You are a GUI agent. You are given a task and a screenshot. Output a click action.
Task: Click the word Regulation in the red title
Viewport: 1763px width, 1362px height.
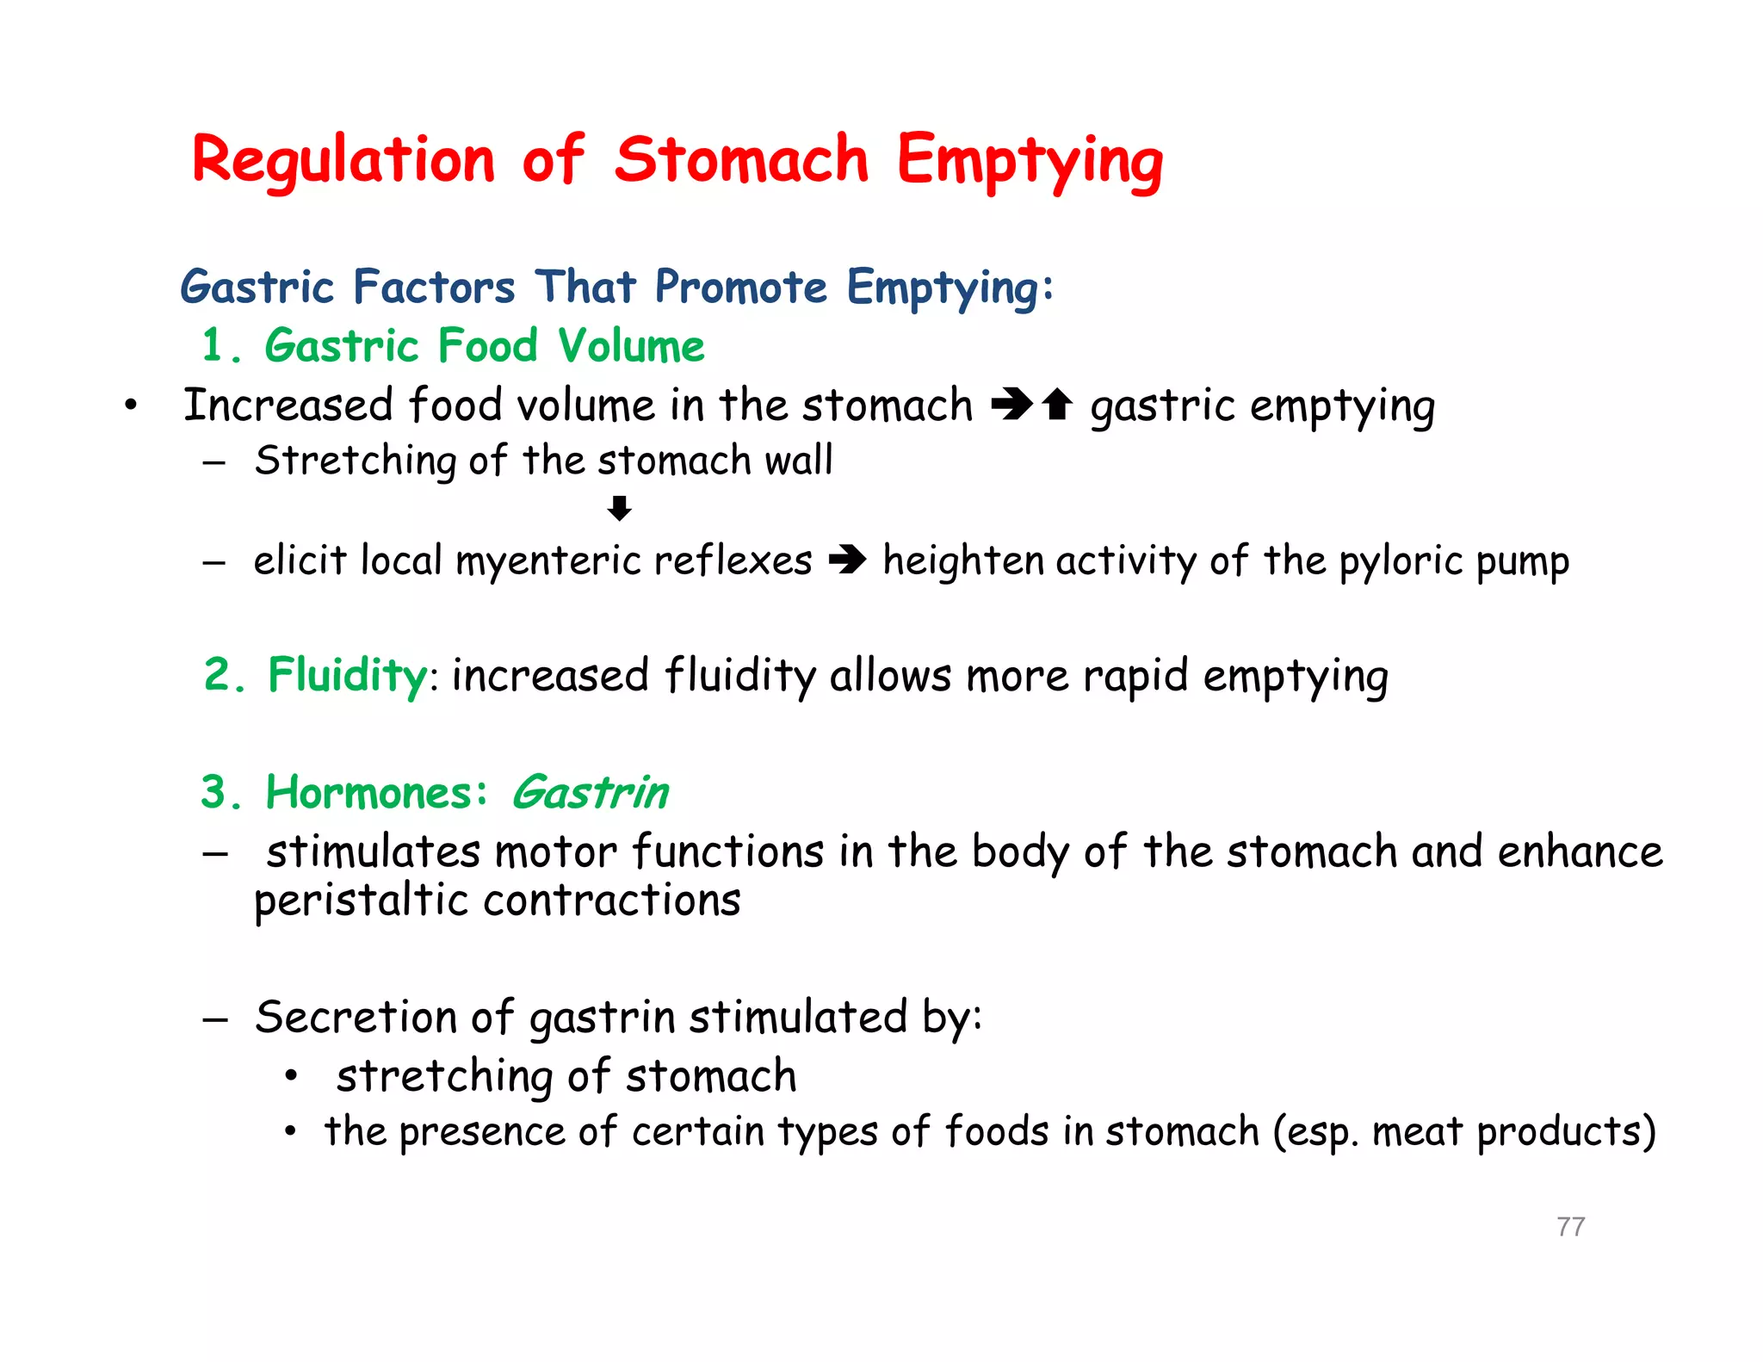pos(343,161)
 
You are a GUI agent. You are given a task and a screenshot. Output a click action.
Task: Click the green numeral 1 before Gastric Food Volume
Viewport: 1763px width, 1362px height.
pos(213,346)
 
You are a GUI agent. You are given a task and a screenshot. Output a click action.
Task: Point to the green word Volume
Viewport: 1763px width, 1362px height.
pos(631,346)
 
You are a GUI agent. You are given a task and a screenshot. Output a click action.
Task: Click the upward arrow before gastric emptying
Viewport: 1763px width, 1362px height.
pos(1057,404)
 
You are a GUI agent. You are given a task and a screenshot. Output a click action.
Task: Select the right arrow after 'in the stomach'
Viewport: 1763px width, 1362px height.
pos(1011,404)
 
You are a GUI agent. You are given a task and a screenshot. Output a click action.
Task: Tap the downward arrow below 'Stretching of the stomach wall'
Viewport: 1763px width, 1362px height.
pos(619,509)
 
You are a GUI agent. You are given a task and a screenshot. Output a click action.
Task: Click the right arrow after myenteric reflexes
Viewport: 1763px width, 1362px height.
pos(847,561)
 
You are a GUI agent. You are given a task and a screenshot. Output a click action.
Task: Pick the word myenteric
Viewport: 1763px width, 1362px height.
pos(547,561)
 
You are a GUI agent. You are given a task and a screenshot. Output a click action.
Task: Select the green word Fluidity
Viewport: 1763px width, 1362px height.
pos(347,675)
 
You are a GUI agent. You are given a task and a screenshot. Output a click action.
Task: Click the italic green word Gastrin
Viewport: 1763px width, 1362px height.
pos(590,792)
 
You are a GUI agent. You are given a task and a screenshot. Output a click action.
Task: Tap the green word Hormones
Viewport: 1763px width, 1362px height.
pos(368,792)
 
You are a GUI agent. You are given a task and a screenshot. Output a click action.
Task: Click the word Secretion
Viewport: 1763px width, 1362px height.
pos(355,1017)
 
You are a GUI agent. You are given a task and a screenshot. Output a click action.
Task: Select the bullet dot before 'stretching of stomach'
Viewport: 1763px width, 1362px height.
pos(292,1076)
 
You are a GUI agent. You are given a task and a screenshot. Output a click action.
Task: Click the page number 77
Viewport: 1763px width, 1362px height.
pos(1570,1226)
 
